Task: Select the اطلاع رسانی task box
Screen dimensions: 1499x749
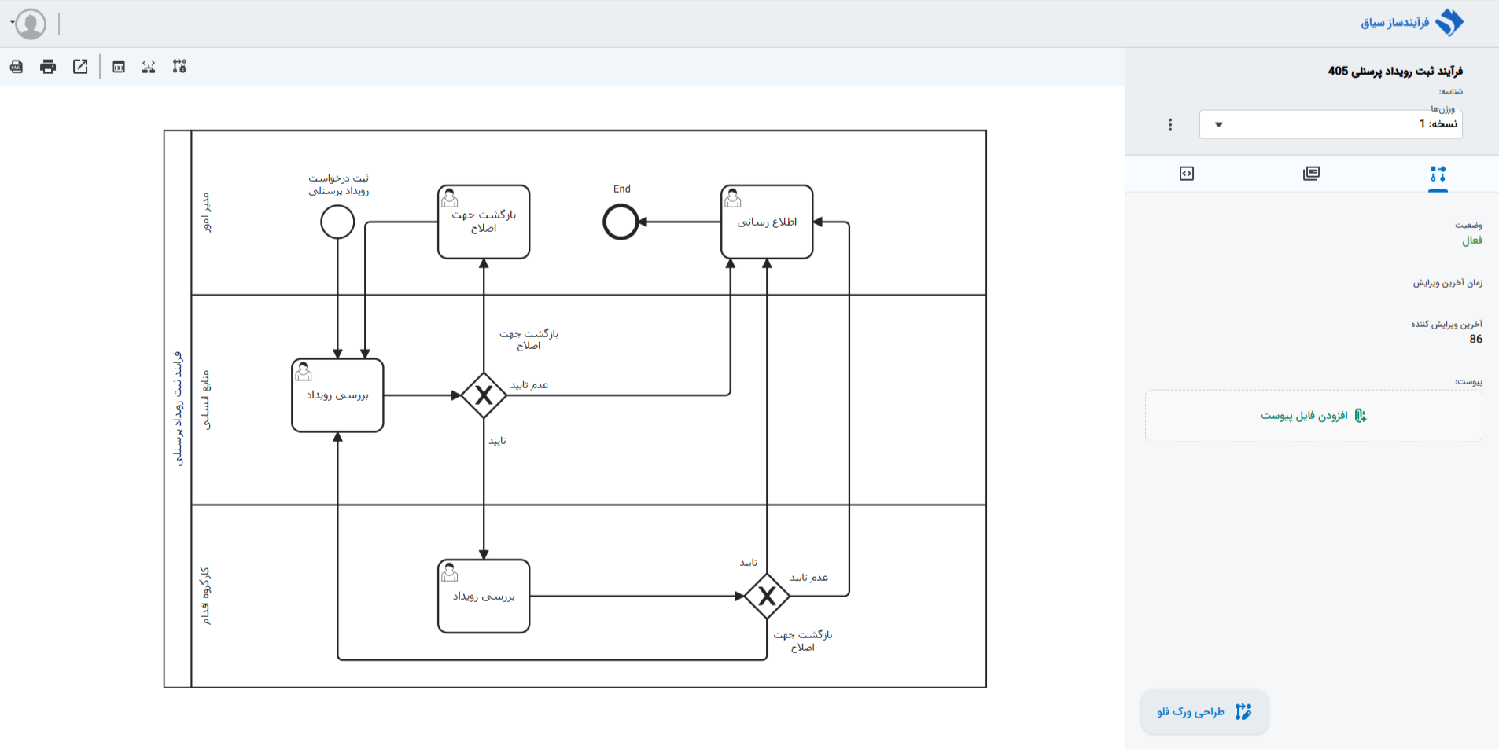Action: [767, 222]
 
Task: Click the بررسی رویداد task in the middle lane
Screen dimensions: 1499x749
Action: [337, 395]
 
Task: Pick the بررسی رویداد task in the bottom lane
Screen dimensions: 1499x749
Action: [484, 596]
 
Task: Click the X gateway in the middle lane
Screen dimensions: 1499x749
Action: [484, 395]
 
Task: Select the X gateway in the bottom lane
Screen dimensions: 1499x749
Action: [767, 596]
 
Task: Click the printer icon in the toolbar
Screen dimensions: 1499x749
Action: [48, 67]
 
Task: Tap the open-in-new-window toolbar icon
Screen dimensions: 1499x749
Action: [80, 67]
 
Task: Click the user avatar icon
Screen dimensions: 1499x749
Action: [31, 24]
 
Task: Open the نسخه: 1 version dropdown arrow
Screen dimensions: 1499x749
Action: [1219, 124]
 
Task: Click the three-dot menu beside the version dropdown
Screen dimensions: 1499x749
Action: [1170, 124]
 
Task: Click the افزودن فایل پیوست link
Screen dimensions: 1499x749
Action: [1313, 416]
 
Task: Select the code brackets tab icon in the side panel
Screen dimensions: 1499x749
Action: [1187, 174]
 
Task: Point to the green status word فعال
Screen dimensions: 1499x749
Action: [1472, 240]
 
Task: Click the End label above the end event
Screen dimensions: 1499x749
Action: [622, 189]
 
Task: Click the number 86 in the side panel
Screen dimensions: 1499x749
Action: [1476, 339]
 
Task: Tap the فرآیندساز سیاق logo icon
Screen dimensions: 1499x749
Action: [1449, 23]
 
